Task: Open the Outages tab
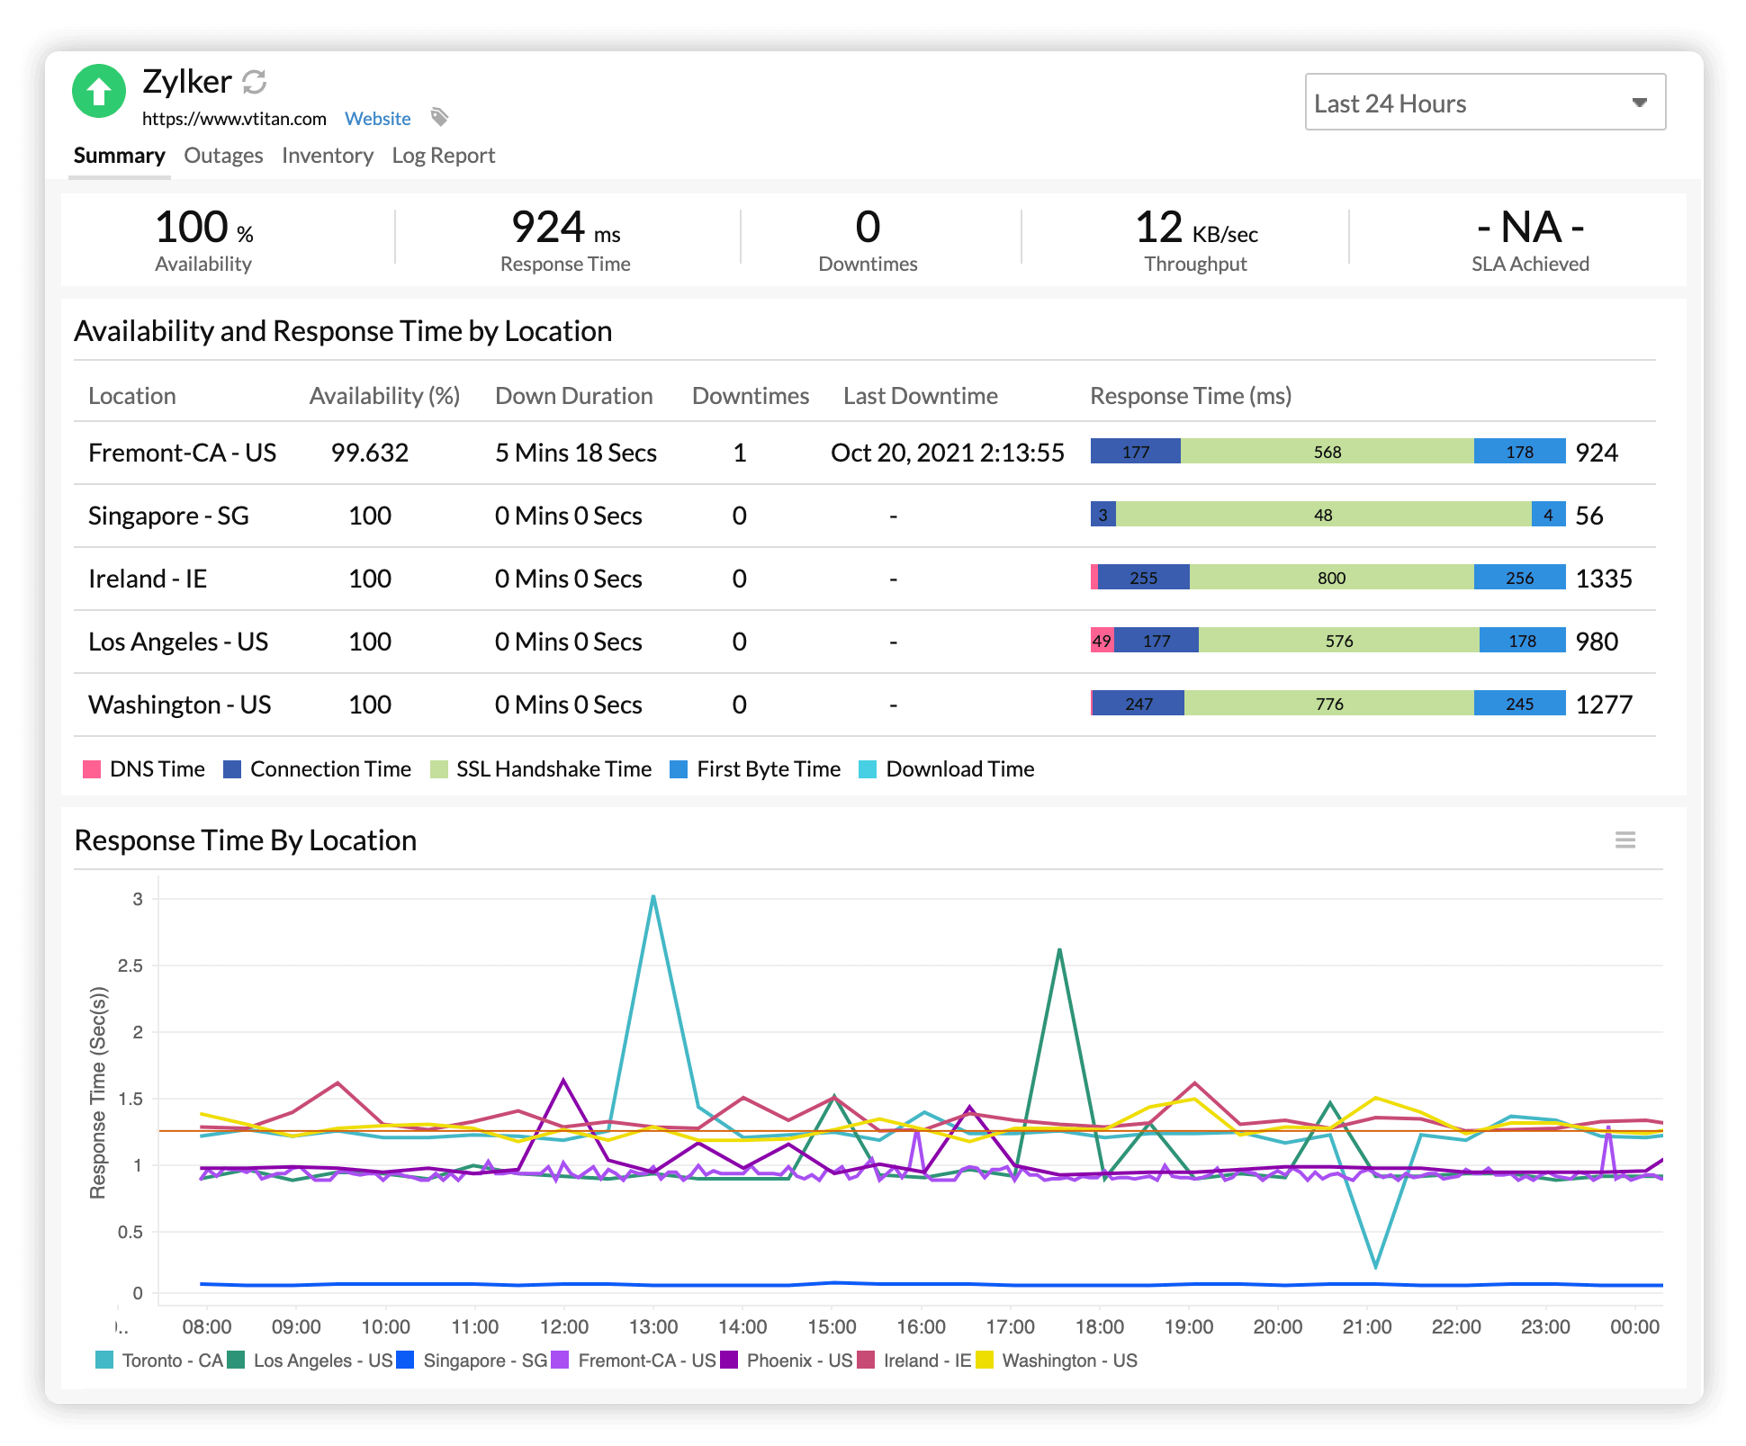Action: click(223, 156)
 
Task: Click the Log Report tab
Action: click(443, 156)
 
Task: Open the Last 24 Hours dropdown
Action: click(1484, 103)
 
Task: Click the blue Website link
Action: click(377, 119)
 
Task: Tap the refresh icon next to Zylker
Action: click(255, 82)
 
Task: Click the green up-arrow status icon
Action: click(99, 91)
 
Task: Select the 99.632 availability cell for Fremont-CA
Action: click(369, 453)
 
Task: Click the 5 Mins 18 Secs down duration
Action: click(575, 453)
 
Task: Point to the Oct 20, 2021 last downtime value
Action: click(947, 453)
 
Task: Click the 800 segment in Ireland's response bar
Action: click(1331, 578)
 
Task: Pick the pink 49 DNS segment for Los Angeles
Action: click(1102, 641)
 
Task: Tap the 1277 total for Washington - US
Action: click(1603, 705)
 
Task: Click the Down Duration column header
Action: click(573, 396)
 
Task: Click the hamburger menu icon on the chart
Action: click(1624, 840)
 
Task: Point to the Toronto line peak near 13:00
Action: click(653, 897)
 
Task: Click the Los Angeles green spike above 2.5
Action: click(1059, 950)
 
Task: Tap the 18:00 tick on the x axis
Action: click(1099, 1326)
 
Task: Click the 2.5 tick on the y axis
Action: click(130, 965)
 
